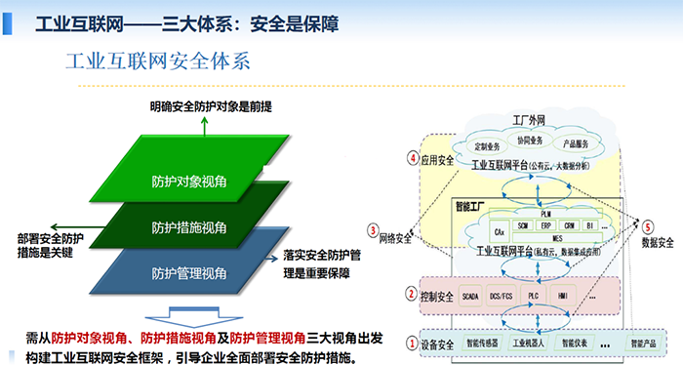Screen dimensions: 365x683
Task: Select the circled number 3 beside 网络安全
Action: (373, 231)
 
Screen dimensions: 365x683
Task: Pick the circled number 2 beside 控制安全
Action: (411, 293)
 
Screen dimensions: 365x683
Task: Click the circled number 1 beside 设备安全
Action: (411, 343)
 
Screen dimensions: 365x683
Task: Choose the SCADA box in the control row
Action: (470, 294)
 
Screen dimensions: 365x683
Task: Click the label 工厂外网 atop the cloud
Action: (533, 119)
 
